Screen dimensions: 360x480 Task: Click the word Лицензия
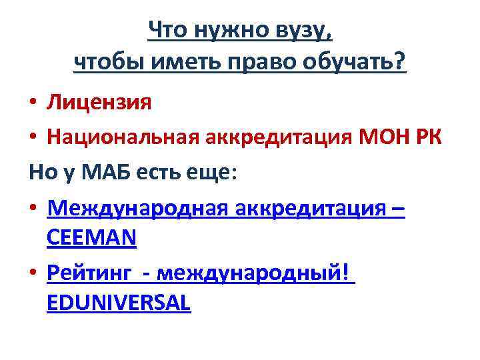tap(99, 102)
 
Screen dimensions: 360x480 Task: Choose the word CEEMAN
tap(92, 238)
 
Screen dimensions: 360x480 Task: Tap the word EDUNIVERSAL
tap(119, 303)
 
